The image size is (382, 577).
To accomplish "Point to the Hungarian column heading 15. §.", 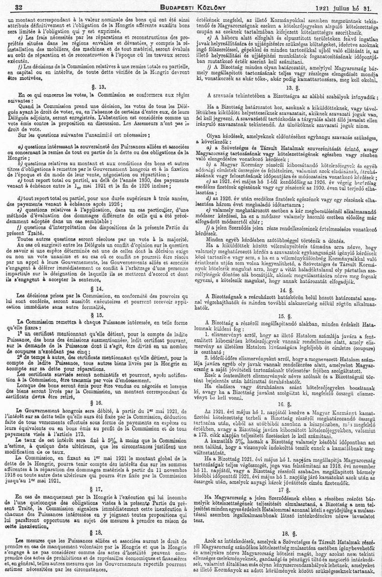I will [289, 315].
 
